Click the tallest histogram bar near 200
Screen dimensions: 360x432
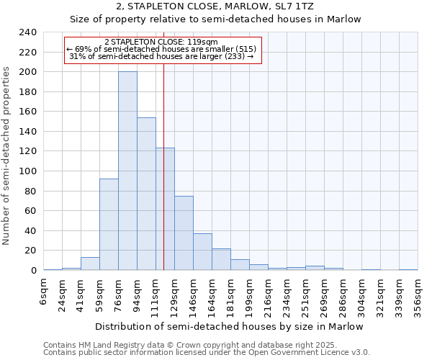(127, 171)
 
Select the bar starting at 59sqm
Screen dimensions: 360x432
(109, 224)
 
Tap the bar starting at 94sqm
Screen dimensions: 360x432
(146, 194)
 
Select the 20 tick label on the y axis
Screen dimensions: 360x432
(31, 251)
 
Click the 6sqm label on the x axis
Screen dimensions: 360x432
(44, 292)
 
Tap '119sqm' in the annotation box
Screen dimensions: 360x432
(194, 42)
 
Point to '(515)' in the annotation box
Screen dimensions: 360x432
(244, 49)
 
